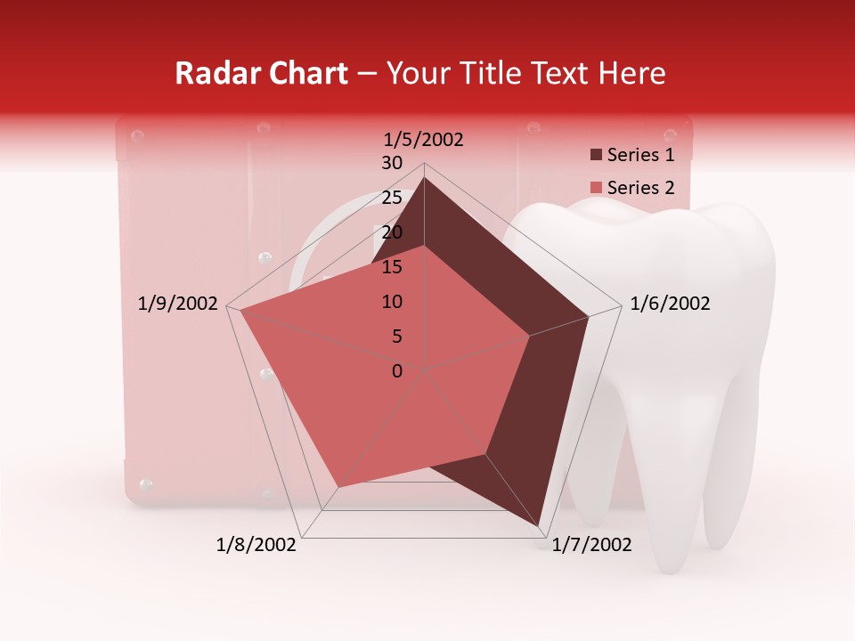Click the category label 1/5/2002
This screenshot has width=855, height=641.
(424, 139)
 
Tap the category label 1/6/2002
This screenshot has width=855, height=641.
(670, 304)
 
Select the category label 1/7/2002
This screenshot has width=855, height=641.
(591, 545)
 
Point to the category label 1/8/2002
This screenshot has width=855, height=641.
(256, 545)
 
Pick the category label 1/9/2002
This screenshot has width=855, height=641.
(178, 304)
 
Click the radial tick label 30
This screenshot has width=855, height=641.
(392, 163)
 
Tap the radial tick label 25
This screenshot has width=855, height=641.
(392, 198)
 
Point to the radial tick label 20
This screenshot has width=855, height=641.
(392, 232)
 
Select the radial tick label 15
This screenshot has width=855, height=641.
(392, 267)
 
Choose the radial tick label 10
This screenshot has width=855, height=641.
(392, 302)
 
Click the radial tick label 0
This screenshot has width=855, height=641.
(397, 371)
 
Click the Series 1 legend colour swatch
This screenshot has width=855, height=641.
(596, 156)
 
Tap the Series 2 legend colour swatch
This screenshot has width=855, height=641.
(596, 188)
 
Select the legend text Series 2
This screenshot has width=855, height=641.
(640, 188)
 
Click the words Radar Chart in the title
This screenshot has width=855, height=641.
(260, 74)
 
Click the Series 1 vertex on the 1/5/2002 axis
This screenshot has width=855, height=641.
(424, 177)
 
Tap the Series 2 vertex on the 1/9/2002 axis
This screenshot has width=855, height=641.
(240, 309)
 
